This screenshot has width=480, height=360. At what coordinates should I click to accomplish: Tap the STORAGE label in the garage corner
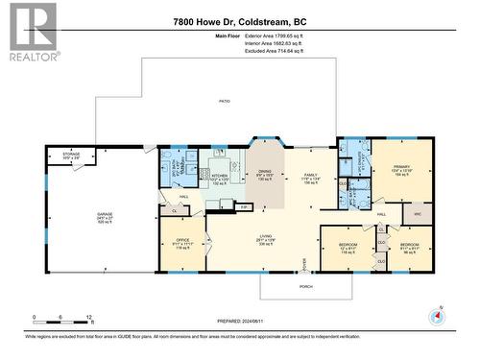click(x=71, y=154)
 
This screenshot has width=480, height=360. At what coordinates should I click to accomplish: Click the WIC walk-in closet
click(x=417, y=214)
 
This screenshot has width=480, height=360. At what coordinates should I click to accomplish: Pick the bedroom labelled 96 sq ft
click(x=410, y=247)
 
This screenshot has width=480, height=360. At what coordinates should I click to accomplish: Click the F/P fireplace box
click(x=244, y=206)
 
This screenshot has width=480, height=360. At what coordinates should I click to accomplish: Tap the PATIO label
click(x=224, y=99)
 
